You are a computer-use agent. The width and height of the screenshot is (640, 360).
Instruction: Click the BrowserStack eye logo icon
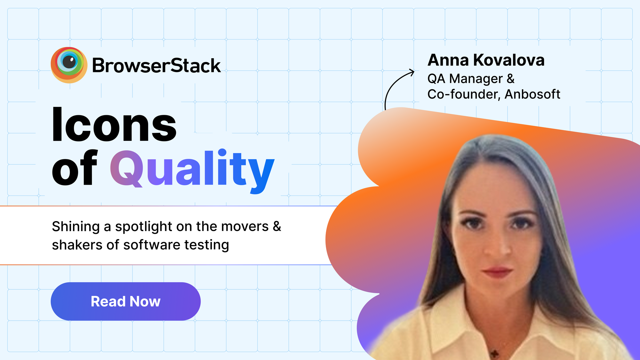point(69,65)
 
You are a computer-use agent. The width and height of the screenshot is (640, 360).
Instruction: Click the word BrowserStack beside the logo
point(156,66)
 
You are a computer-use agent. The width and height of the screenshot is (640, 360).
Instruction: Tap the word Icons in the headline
point(114,124)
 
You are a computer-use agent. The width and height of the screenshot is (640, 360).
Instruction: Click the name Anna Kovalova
point(486,60)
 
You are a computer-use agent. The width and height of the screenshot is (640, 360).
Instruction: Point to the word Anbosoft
point(532,94)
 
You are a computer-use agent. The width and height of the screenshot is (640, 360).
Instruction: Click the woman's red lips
point(497,273)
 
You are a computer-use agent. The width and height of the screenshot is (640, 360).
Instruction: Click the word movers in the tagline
point(245,227)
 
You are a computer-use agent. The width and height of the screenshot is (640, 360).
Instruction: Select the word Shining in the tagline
point(76,227)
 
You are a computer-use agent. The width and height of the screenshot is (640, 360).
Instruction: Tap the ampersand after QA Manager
point(511,79)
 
